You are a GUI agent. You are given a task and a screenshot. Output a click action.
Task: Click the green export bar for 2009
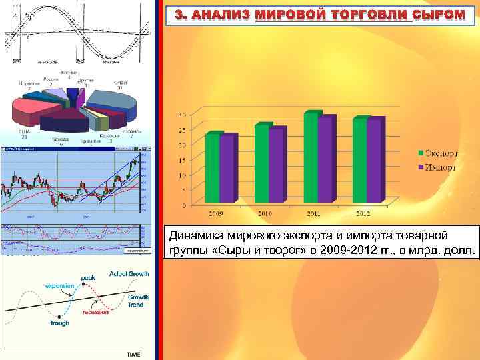[213, 167]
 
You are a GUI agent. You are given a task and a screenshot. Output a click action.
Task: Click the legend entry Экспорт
[439, 154]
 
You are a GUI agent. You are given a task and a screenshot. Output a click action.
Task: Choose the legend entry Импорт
[438, 167]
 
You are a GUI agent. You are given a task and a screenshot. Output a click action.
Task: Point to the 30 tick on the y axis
[183, 115]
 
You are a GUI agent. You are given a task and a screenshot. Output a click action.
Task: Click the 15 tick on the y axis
[183, 161]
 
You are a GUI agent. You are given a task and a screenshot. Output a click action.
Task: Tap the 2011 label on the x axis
[314, 213]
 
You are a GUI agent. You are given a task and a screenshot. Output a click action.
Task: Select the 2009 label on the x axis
[215, 213]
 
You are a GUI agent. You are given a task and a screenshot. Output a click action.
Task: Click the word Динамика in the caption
[191, 235]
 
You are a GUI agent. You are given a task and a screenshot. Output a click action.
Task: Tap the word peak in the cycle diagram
[88, 277]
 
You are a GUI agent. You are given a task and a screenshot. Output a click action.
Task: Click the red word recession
[96, 311]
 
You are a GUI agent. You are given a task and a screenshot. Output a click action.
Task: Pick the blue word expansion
[60, 285]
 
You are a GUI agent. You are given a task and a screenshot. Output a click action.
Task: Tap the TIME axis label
[134, 355]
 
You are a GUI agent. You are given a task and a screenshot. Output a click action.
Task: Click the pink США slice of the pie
[27, 114]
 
